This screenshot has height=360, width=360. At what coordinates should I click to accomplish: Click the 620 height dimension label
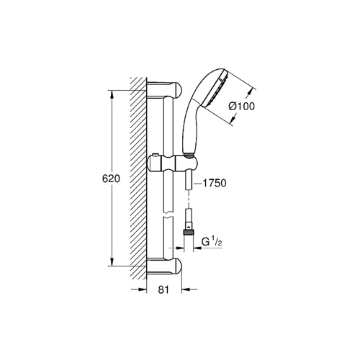[111, 179]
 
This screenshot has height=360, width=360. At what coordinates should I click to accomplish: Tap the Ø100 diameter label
[241, 107]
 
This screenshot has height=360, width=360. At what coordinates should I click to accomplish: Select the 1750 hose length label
[215, 184]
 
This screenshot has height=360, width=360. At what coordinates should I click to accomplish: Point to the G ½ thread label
[212, 242]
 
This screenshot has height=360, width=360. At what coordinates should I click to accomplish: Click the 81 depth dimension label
[163, 289]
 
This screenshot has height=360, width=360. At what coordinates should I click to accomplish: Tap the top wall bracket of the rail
[164, 90]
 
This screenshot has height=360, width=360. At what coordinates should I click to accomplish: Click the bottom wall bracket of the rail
[164, 266]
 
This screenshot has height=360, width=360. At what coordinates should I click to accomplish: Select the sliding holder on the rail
[173, 163]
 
